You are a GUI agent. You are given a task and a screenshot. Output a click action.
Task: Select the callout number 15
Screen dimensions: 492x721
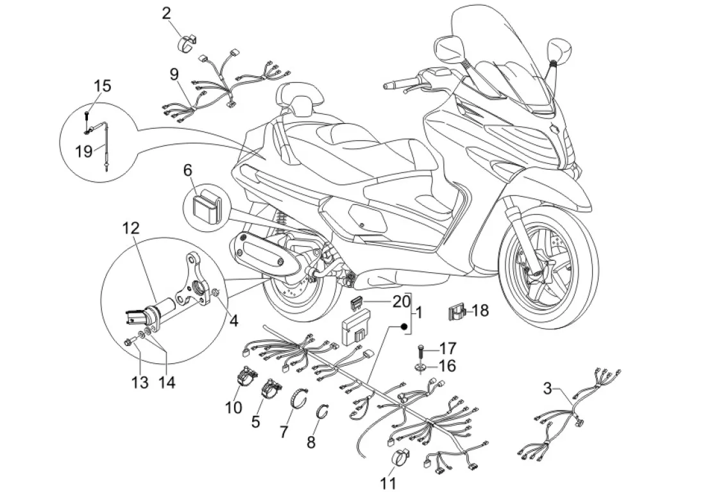[x=103, y=86]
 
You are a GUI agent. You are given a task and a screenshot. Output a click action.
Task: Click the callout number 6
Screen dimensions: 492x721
[x=187, y=170]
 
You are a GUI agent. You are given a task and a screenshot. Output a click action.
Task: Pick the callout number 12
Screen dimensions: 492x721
[x=131, y=227]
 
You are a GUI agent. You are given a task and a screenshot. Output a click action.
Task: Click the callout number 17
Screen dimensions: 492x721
[x=448, y=349]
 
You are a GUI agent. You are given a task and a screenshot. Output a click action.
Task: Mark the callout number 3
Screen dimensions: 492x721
[x=547, y=388]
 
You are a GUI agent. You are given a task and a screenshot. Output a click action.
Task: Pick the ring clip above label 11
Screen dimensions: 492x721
[x=396, y=459]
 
